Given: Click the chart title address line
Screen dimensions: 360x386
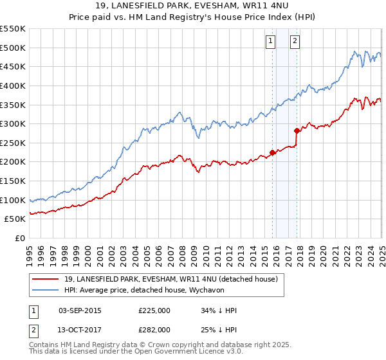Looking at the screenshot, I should click(x=192, y=7).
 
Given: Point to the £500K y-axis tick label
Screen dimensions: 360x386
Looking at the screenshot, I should click(x=13, y=48).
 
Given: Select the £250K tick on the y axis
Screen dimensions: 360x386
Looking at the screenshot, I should click(x=13, y=143).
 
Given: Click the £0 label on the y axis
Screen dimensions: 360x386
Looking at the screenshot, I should click(x=19, y=238).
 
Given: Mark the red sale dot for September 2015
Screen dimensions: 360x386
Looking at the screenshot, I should click(x=272, y=152).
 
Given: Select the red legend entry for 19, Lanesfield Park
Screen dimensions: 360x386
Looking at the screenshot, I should click(x=170, y=279).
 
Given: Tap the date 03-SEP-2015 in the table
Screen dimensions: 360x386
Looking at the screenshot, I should click(x=80, y=310).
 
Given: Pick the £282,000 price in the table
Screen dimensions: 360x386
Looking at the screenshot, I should click(x=154, y=330).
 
